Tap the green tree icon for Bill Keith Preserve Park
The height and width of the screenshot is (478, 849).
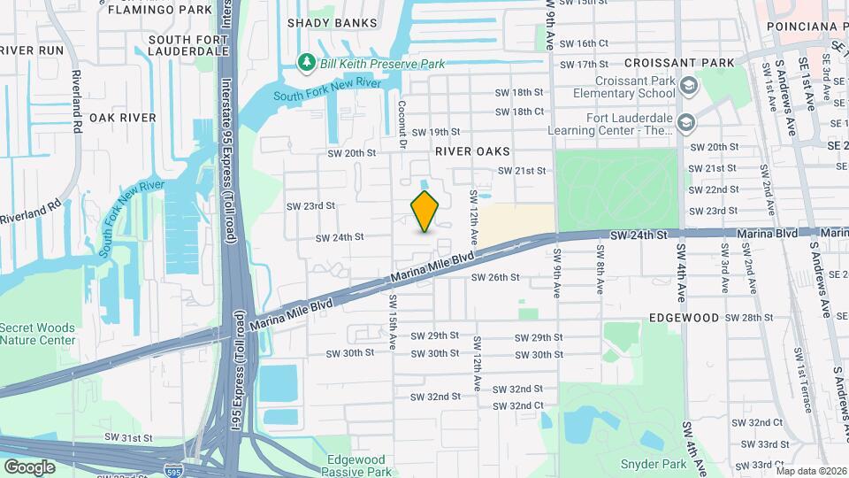(x=308, y=63)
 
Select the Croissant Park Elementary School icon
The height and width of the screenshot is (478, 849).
(x=690, y=86)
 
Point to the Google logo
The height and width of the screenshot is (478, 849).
(x=29, y=466)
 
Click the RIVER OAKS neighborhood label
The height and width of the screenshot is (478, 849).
(x=472, y=151)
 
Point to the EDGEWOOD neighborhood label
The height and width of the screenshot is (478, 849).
(x=685, y=317)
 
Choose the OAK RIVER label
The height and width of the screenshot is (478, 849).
(x=122, y=118)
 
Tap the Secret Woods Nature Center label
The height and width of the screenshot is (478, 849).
(x=37, y=334)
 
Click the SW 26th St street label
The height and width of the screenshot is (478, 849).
(x=494, y=277)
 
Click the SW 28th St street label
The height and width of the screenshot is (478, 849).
(x=748, y=318)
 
